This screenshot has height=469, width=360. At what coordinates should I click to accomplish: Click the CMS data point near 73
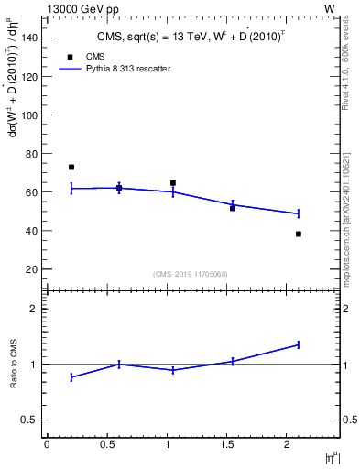[71, 168]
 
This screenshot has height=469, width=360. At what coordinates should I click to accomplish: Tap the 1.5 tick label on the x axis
[227, 444]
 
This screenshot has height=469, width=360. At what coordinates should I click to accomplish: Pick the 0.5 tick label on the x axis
[107, 444]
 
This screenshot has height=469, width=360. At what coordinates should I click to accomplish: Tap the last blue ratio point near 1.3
[299, 344]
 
